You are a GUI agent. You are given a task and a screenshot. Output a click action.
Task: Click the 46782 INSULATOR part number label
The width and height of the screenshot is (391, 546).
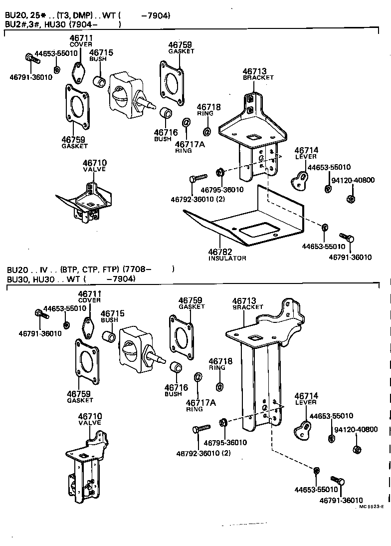click(226, 254)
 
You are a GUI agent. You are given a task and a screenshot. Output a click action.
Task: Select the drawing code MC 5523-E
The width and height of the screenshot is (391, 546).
click(371, 506)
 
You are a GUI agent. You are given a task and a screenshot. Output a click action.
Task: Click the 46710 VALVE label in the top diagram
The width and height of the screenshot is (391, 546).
click(94, 166)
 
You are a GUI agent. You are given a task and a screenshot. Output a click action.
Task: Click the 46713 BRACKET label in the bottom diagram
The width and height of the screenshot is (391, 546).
click(247, 303)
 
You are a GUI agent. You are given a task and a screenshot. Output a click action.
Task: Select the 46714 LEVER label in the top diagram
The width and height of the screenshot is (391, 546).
click(306, 153)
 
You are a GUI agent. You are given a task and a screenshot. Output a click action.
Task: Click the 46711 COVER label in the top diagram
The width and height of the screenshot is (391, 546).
click(81, 40)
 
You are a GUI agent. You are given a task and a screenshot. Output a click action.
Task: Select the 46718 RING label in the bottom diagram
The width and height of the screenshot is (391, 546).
click(217, 364)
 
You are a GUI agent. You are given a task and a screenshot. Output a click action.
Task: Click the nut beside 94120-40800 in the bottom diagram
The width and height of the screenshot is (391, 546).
click(357, 449)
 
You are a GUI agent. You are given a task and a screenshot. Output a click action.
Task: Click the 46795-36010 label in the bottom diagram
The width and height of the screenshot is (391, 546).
click(227, 443)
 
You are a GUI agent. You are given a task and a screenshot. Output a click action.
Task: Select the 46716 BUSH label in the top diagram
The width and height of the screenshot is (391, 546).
click(163, 135)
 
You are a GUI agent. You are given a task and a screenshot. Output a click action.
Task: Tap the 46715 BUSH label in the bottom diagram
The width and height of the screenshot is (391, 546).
click(112, 316)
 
